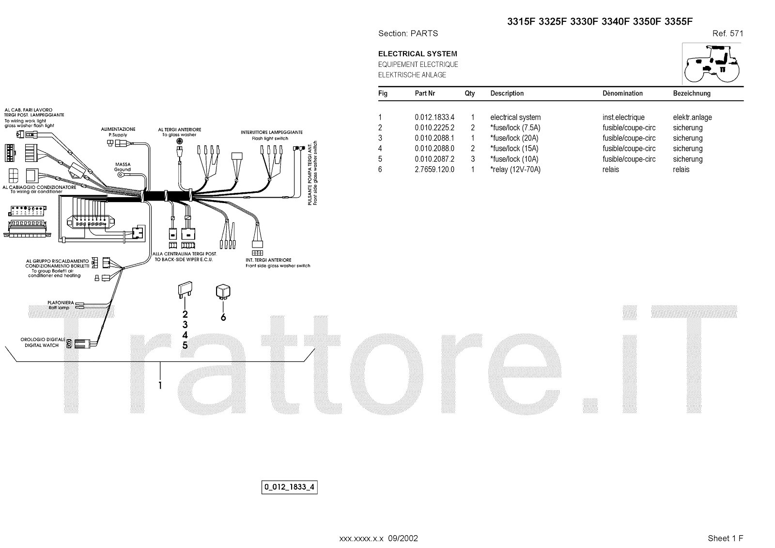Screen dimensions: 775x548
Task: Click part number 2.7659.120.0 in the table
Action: (x=434, y=170)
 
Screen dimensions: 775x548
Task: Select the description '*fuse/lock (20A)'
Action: (x=515, y=138)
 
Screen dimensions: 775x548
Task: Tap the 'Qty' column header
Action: (x=470, y=94)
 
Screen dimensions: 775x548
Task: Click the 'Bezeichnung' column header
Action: (x=692, y=94)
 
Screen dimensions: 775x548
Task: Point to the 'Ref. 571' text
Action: (x=728, y=33)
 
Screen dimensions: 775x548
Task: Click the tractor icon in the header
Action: (x=712, y=64)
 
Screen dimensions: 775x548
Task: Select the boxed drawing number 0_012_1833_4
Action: (x=290, y=487)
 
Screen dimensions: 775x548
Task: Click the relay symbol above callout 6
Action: (x=223, y=292)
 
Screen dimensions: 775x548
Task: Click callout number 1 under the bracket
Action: (x=160, y=385)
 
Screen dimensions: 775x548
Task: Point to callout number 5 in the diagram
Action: (x=185, y=345)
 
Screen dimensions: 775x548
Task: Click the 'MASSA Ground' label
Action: (x=123, y=167)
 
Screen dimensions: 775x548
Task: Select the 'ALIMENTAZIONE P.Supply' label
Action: (x=118, y=132)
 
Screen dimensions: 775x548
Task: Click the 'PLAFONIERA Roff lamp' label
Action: (x=61, y=305)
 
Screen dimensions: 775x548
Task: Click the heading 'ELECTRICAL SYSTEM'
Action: (x=418, y=54)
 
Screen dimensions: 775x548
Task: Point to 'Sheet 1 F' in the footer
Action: (x=725, y=538)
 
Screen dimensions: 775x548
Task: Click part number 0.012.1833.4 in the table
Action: (x=434, y=117)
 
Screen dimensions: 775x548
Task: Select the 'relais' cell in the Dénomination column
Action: (x=611, y=170)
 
